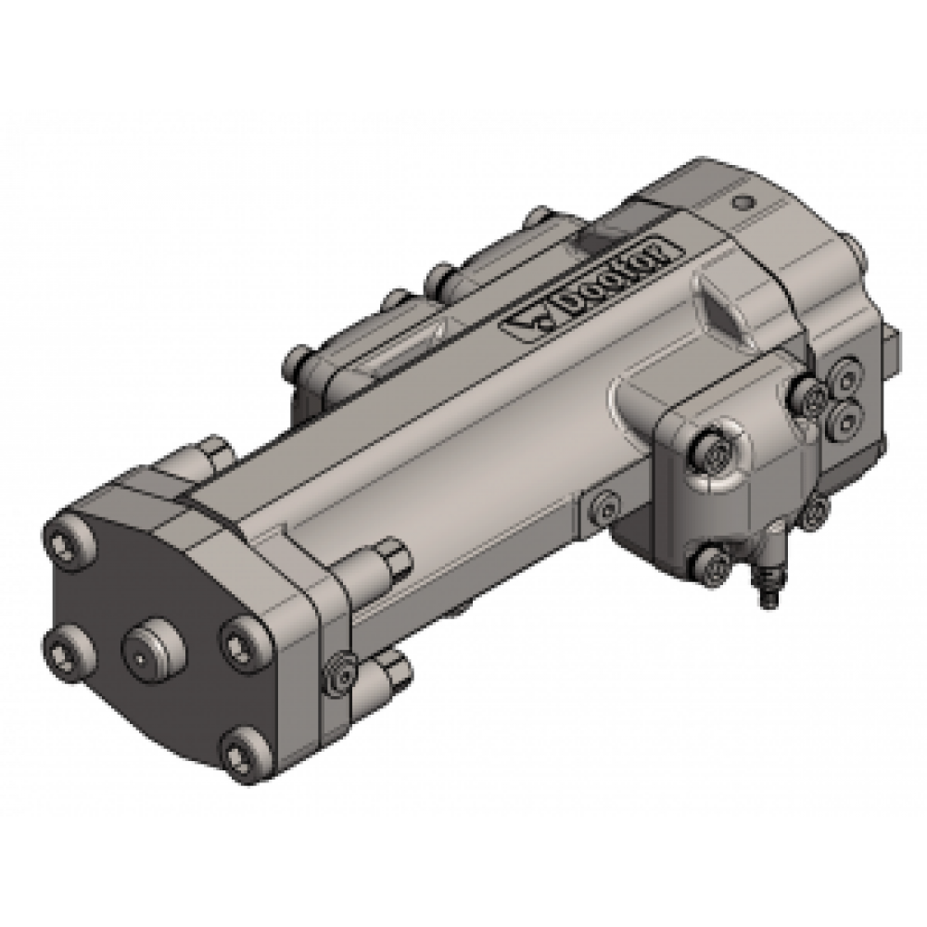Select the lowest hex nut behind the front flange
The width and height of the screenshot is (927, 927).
(391, 665)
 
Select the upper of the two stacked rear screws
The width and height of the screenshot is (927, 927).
(844, 375)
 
